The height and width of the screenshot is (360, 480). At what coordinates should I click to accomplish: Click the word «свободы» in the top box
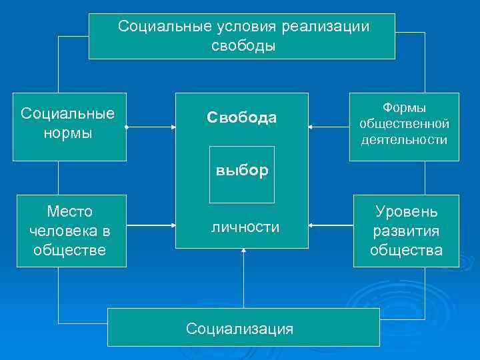pos(243,46)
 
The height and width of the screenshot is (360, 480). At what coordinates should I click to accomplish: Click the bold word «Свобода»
pos(241,118)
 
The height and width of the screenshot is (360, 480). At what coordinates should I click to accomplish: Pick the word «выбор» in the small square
pos(242,170)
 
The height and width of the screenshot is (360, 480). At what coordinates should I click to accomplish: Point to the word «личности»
pos(245,227)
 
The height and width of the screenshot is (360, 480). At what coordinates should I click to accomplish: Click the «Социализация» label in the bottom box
pos(239,328)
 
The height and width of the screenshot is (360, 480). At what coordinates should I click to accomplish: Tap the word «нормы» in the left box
pos(68,133)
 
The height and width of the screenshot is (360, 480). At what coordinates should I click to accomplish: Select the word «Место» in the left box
pos(70,212)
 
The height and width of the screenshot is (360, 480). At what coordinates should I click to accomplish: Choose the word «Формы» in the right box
pos(404,108)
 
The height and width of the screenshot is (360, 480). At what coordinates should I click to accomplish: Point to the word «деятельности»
pos(404,140)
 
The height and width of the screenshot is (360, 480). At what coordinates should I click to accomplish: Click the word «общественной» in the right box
pos(404,124)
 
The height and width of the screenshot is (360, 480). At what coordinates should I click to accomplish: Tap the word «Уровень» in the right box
pos(406,212)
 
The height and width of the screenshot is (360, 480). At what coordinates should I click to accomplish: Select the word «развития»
pos(406,231)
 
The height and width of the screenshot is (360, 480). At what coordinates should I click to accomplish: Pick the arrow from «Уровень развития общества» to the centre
pos(331,227)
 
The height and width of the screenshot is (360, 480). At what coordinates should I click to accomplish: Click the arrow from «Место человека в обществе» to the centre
pos(151,227)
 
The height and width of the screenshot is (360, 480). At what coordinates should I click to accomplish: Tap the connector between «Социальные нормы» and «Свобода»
pos(151,127)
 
